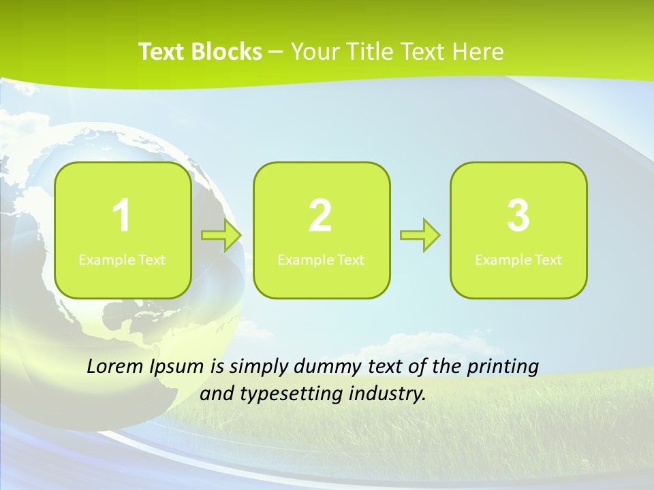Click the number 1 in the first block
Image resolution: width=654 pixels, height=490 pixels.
coord(122,216)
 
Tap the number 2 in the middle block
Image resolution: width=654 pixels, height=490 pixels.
coord(320,216)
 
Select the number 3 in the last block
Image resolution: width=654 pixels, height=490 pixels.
coord(518,216)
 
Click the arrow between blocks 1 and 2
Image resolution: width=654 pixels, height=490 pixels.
coord(222,235)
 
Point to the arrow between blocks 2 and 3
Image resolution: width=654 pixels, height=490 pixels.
coord(420,235)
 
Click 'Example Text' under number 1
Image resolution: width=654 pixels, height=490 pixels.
coord(122,259)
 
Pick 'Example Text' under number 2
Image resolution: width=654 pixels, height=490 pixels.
coord(321,259)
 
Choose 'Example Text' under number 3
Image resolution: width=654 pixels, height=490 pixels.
coord(518,259)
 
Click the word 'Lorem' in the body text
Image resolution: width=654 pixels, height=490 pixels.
coord(115,366)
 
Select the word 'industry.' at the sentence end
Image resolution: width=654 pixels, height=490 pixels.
coord(388,394)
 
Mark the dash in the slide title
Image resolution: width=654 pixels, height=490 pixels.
coord(276,52)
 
